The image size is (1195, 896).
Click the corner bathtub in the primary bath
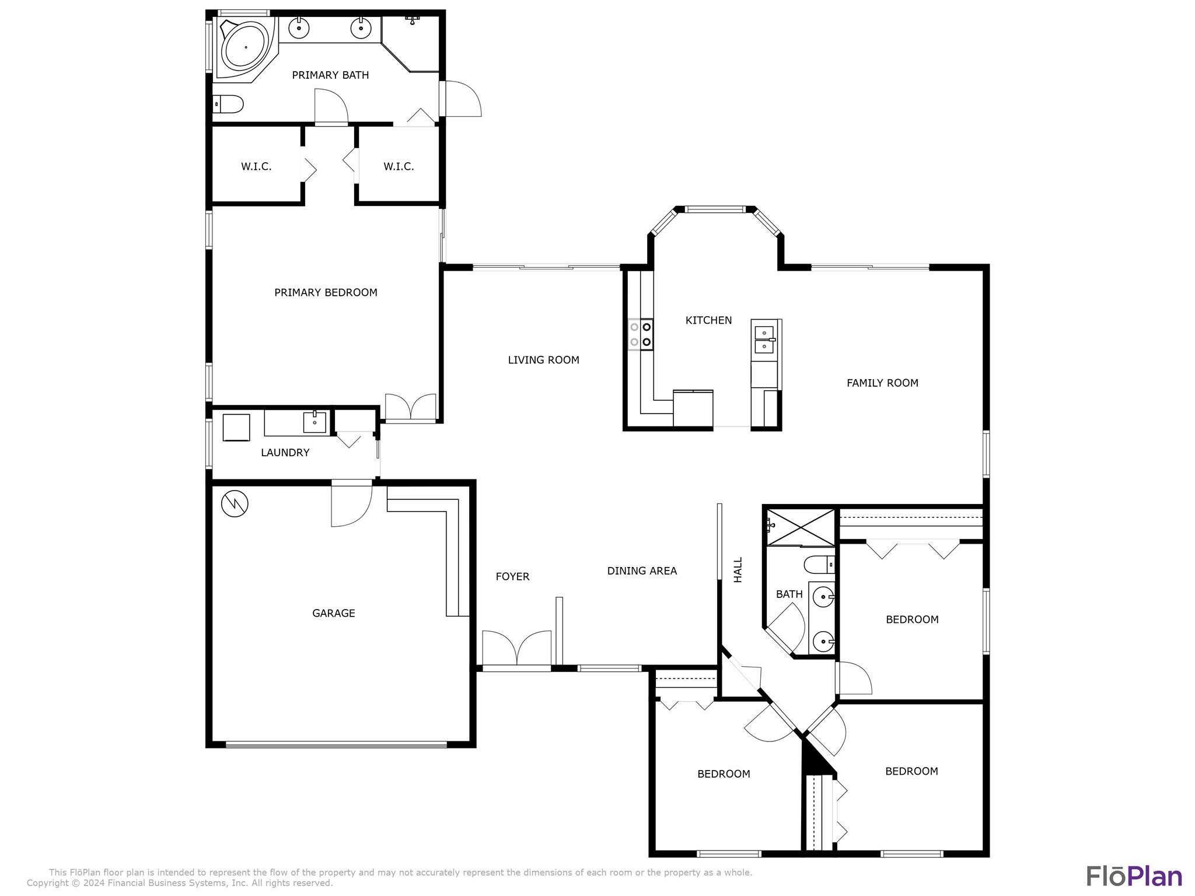[246, 48]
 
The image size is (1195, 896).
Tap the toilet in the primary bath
[228, 104]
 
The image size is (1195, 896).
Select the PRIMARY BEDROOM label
[326, 292]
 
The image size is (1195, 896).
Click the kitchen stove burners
[641, 334]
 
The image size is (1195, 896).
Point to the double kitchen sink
[764, 339]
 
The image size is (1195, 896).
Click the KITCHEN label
[708, 320]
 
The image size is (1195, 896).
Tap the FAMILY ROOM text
[882, 383]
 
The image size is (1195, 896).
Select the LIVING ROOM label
[543, 360]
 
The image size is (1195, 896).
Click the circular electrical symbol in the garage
[235, 503]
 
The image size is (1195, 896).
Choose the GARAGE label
[333, 613]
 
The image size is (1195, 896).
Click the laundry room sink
[315, 422]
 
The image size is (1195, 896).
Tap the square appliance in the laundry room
[236, 428]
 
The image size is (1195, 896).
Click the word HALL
[738, 569]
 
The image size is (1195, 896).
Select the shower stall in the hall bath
[801, 527]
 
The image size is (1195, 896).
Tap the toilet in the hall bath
[819, 565]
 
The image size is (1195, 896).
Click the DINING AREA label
[642, 571]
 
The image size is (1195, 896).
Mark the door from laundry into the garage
[351, 503]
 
